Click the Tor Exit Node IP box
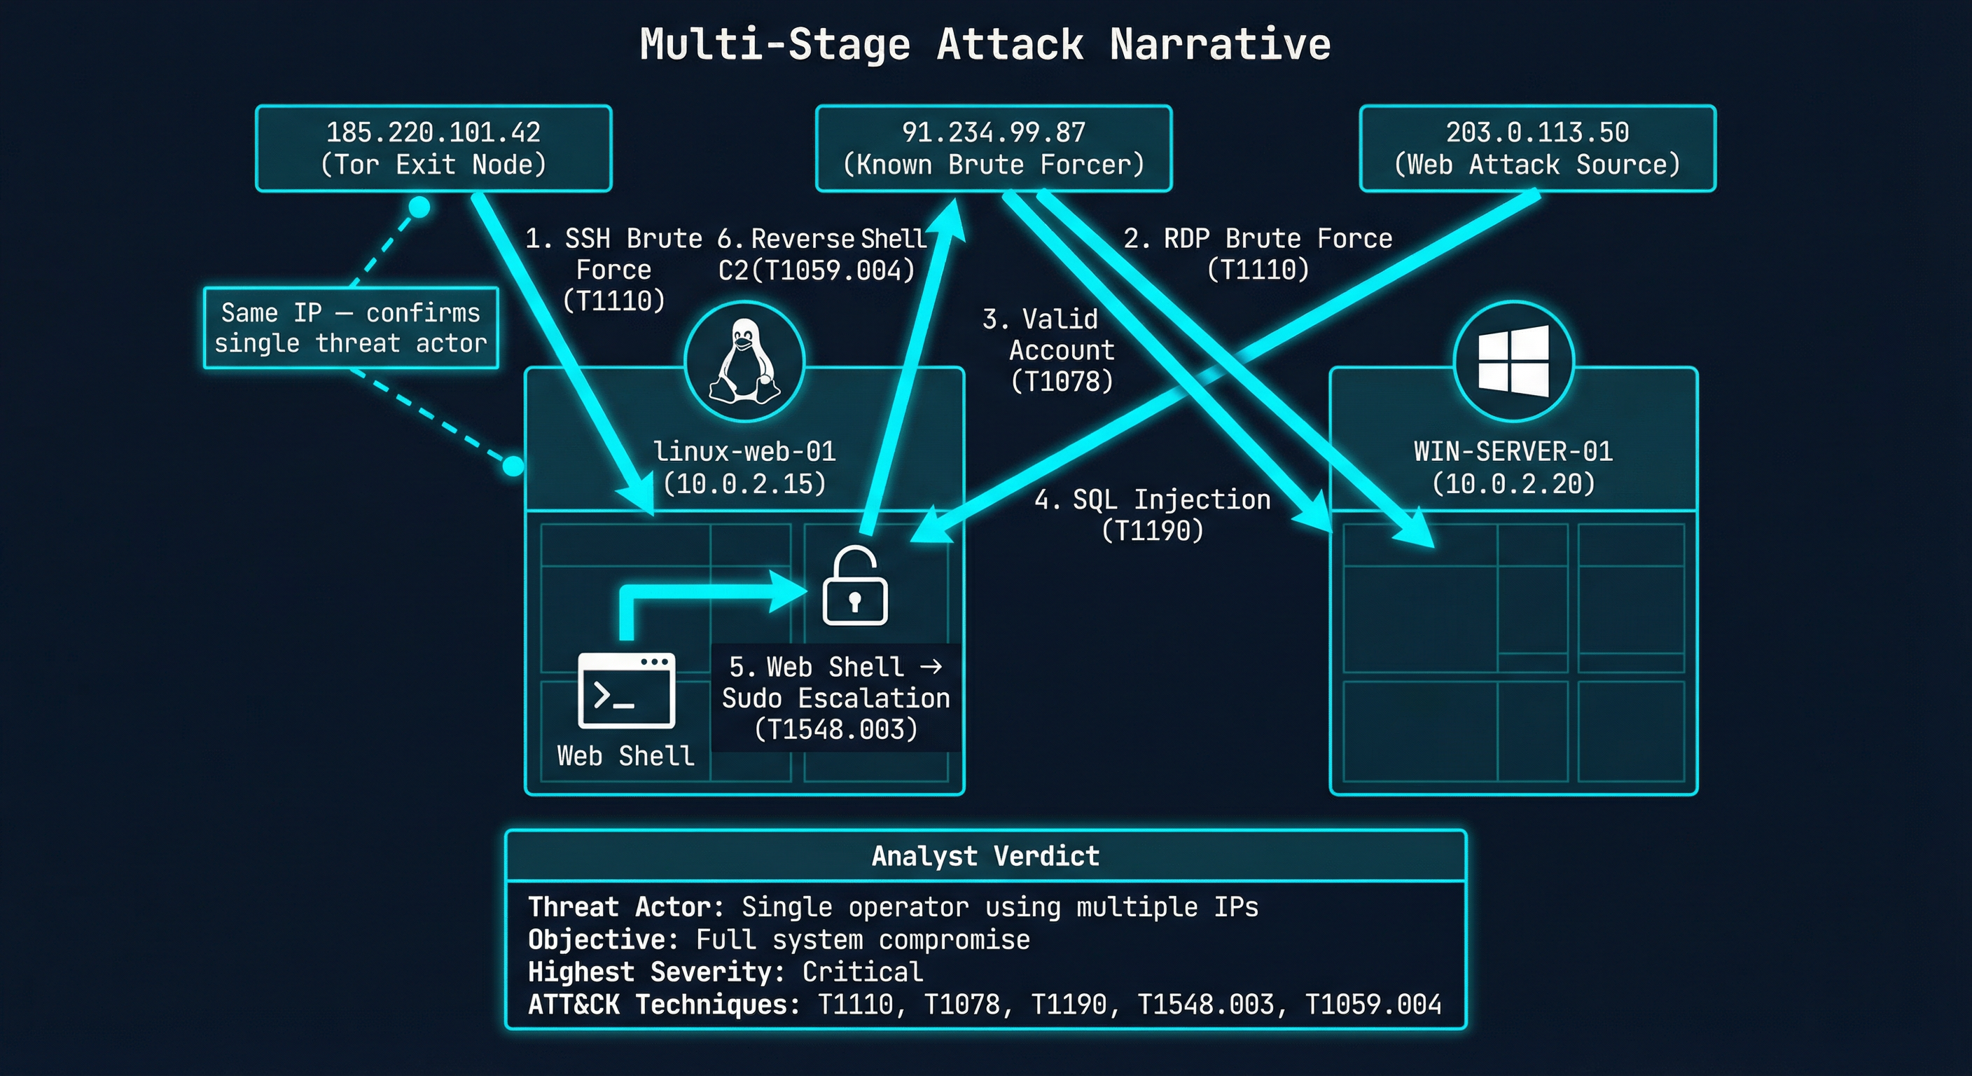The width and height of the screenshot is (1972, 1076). pyautogui.click(x=433, y=149)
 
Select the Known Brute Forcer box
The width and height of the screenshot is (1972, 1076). pyautogui.click(x=993, y=149)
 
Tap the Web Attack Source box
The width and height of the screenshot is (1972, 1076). pyautogui.click(x=1537, y=149)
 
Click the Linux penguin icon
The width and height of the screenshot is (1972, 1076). pyautogui.click(x=744, y=361)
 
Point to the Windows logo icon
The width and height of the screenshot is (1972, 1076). pyautogui.click(x=1513, y=361)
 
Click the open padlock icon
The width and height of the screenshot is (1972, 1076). pyautogui.click(x=854, y=586)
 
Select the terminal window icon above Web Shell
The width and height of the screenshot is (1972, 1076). pyautogui.click(x=626, y=690)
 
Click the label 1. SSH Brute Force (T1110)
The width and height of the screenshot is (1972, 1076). pyautogui.click(x=613, y=270)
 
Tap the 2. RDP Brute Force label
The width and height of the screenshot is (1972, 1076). pyautogui.click(x=1257, y=254)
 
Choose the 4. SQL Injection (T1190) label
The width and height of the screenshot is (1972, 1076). pyautogui.click(x=1152, y=515)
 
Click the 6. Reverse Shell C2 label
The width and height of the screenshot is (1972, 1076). pyautogui.click(x=820, y=254)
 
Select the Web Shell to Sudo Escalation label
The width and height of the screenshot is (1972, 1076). pyautogui.click(x=835, y=698)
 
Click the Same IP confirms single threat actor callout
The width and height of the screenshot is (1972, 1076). pyautogui.click(x=351, y=328)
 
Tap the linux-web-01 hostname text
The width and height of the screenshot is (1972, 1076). pyautogui.click(x=744, y=451)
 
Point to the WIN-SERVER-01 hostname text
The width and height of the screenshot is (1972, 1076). pyautogui.click(x=1513, y=451)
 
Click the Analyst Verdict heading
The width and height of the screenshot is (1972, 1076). pyautogui.click(x=985, y=855)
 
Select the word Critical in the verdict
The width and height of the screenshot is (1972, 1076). pyautogui.click(x=862, y=972)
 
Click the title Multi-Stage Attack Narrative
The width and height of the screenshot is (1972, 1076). pyautogui.click(x=985, y=44)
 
